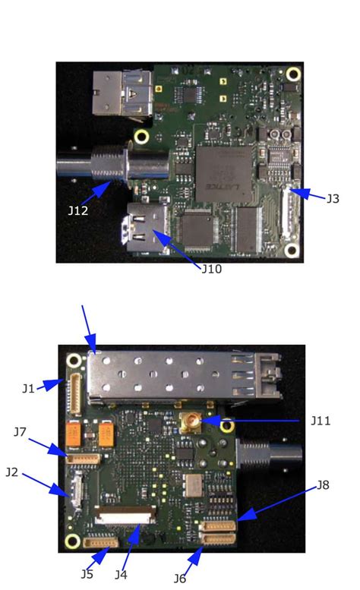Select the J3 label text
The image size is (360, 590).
click(333, 198)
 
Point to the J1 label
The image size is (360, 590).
click(28, 388)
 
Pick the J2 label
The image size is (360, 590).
click(11, 472)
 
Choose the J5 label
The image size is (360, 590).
click(87, 573)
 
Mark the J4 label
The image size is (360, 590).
click(121, 573)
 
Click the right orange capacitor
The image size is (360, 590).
click(107, 434)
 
